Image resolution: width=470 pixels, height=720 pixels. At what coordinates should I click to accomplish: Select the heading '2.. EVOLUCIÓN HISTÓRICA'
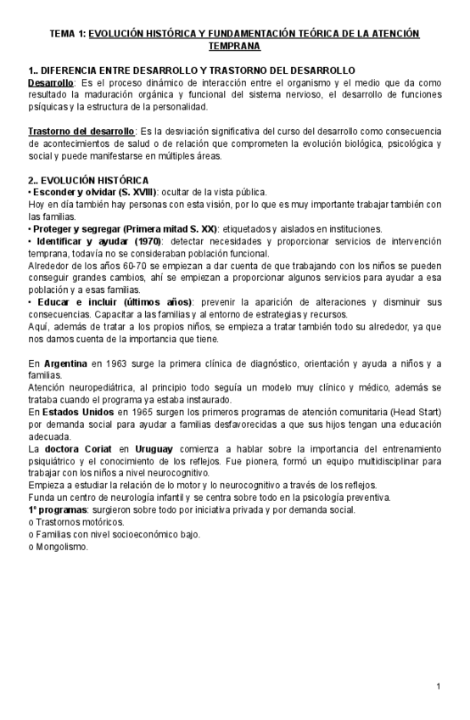click(x=88, y=180)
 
